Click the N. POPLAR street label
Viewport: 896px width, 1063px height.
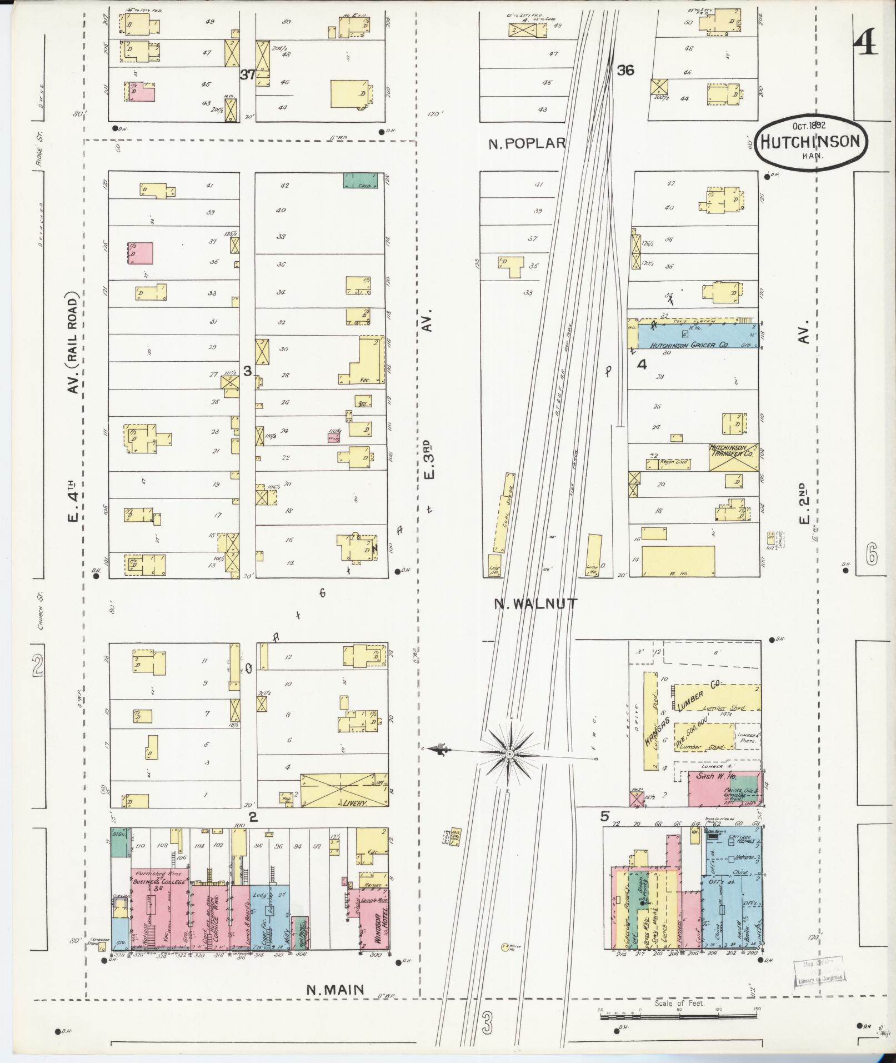[527, 143]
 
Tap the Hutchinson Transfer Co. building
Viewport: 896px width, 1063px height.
[733, 457]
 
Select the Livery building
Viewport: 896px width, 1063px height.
[344, 790]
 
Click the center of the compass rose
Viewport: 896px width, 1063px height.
[509, 754]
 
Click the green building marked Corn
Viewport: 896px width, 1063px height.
[361, 181]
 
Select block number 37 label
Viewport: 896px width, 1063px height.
[248, 74]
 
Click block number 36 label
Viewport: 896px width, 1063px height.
[625, 71]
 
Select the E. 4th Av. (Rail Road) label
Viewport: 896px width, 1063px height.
[73, 422]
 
